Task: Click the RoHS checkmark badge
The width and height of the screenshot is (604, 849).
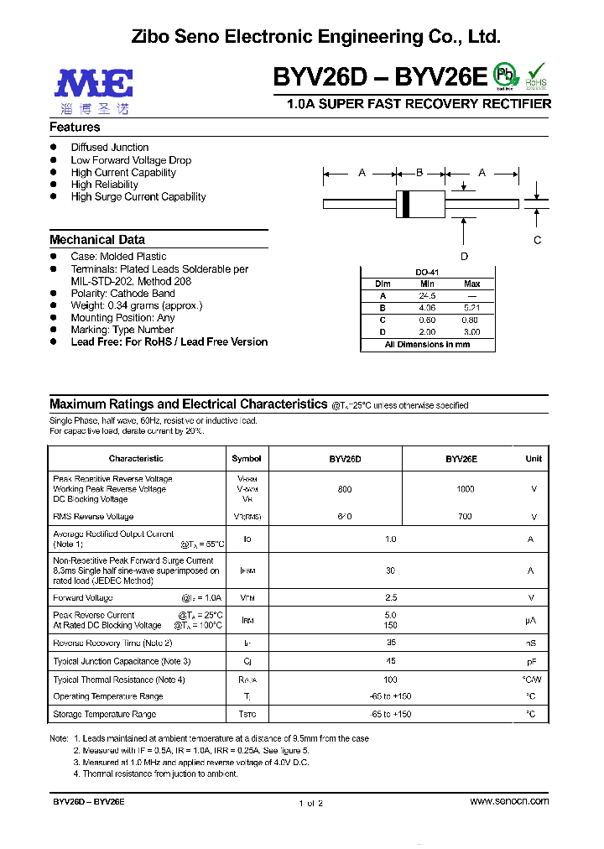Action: click(x=536, y=76)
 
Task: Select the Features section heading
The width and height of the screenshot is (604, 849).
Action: click(x=75, y=128)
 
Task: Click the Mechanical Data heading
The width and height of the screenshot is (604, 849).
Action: click(x=97, y=240)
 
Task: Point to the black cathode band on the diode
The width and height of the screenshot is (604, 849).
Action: click(x=407, y=203)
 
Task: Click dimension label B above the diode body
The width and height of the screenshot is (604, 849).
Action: click(x=419, y=173)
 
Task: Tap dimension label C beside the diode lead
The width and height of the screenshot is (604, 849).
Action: click(x=538, y=240)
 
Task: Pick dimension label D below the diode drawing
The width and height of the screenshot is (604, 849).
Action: click(x=464, y=257)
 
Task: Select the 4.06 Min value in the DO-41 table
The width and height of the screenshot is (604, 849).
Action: click(x=429, y=308)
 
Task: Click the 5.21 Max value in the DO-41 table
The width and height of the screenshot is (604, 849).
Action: click(x=472, y=308)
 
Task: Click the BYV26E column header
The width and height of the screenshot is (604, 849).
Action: click(x=461, y=459)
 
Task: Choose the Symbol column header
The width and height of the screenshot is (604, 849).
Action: click(x=247, y=459)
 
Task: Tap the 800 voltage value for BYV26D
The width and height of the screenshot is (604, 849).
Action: click(x=345, y=489)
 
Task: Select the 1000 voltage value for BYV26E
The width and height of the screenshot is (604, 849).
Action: click(x=465, y=489)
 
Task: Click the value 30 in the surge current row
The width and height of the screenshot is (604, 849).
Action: click(x=390, y=570)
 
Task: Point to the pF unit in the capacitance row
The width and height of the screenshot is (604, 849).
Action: click(x=530, y=662)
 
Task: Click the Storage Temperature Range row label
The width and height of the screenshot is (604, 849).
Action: click(x=104, y=714)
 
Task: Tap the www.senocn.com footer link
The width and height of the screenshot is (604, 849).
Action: click(x=509, y=801)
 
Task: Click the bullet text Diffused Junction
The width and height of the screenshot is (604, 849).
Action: click(x=109, y=148)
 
